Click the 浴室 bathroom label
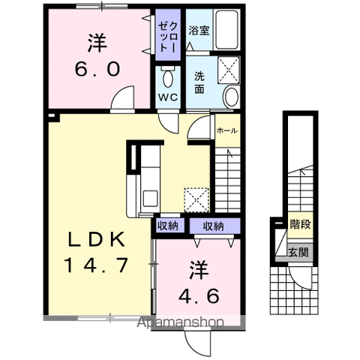(x=199, y=31)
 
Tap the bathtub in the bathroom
(x=226, y=30)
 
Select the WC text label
(x=168, y=97)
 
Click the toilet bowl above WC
(x=168, y=77)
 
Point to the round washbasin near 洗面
(x=232, y=97)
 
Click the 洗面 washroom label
(x=199, y=82)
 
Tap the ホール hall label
(x=227, y=130)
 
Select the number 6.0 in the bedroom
(x=97, y=69)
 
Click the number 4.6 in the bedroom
(x=199, y=295)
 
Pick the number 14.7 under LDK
(x=97, y=265)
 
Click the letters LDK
(x=97, y=239)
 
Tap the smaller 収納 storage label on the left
(x=168, y=226)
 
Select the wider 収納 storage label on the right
(x=213, y=226)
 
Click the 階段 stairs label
(x=300, y=224)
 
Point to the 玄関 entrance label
(x=298, y=253)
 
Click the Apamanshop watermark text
(x=180, y=322)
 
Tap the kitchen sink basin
(x=150, y=198)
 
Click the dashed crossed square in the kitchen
(x=196, y=200)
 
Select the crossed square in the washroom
(x=229, y=70)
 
